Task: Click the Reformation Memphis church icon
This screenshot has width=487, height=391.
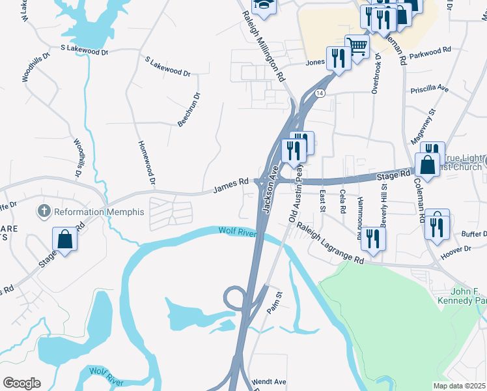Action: click(44, 211)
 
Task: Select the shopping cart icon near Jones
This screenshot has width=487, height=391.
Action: click(357, 46)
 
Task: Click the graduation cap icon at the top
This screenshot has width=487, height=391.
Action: click(264, 5)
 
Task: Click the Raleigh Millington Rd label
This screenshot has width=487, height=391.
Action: click(264, 46)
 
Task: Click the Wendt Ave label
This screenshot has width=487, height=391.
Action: click(269, 381)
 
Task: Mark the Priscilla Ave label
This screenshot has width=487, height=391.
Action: click(429, 88)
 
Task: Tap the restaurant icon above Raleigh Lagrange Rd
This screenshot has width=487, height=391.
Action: click(373, 239)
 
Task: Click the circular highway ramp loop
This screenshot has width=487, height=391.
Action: click(234, 299)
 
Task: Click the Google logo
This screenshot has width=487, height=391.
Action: click(21, 383)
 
